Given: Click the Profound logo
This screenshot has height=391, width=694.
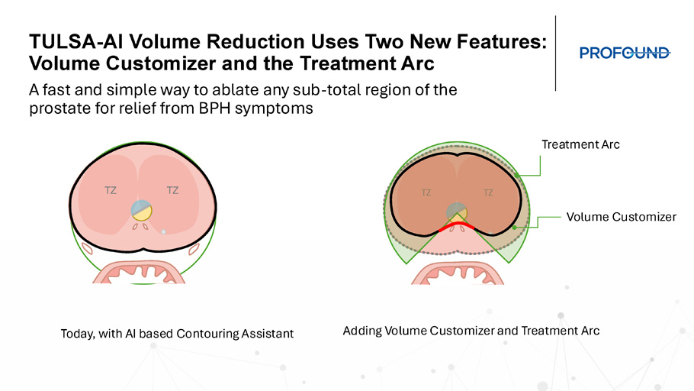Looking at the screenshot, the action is (x=625, y=53).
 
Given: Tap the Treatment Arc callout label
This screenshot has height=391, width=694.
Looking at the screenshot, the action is (x=580, y=144).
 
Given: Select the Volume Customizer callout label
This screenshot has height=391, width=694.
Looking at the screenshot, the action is (x=621, y=217).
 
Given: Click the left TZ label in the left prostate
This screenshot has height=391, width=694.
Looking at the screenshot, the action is (x=111, y=191).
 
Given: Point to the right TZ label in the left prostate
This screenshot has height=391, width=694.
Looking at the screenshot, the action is (x=172, y=191).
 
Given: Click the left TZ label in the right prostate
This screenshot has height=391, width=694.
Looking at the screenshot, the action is (x=426, y=193).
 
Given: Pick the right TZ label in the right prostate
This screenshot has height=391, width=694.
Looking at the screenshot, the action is (x=488, y=193).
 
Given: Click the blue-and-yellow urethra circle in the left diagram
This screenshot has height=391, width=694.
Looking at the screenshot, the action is (x=142, y=211).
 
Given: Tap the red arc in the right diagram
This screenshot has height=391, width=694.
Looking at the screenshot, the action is (x=456, y=225).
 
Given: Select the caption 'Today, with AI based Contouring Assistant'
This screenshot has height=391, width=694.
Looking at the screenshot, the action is (x=177, y=334).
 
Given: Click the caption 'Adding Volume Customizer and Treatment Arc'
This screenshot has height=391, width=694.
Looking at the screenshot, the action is (x=471, y=331).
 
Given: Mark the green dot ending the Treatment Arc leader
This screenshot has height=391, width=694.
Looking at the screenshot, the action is (x=517, y=176).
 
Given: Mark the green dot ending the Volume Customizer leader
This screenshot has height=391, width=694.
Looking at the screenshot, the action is (x=514, y=228).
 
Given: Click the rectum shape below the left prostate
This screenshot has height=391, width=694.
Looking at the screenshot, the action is (x=139, y=272).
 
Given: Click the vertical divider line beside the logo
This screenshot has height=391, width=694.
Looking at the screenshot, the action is (x=555, y=53).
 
